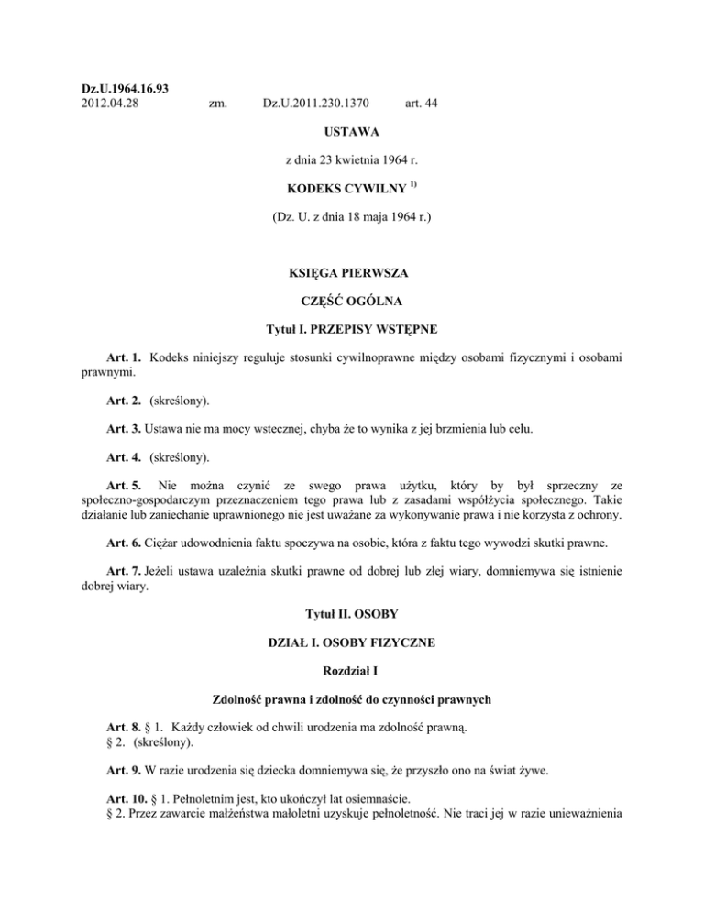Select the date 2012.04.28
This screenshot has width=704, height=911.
[x=103, y=104]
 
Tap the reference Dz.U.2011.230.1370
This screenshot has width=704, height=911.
[x=317, y=104]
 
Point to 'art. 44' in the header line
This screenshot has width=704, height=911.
[x=420, y=104]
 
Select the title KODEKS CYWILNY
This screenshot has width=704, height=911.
[x=346, y=192]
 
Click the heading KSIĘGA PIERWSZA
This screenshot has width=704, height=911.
[x=352, y=272]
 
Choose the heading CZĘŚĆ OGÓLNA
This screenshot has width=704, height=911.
[x=352, y=302]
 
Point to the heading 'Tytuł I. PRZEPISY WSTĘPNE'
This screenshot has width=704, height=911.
[x=352, y=331]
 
